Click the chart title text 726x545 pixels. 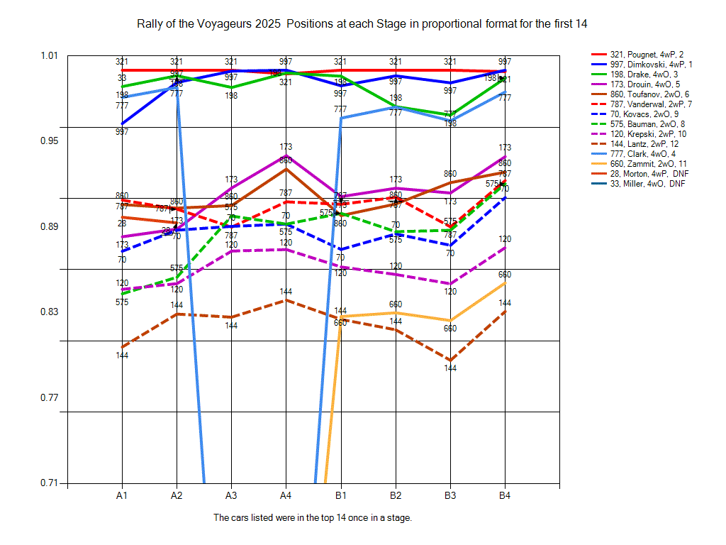363,24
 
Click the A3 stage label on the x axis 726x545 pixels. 231,494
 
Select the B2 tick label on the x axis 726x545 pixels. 396,494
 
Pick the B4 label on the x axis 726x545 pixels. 505,494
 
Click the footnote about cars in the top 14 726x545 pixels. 313,517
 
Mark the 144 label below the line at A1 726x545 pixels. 122,355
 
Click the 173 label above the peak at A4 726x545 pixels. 286,147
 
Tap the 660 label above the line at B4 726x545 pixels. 505,275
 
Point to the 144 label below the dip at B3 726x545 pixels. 450,368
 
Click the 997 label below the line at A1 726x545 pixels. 122,132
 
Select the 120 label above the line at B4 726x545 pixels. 505,239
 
